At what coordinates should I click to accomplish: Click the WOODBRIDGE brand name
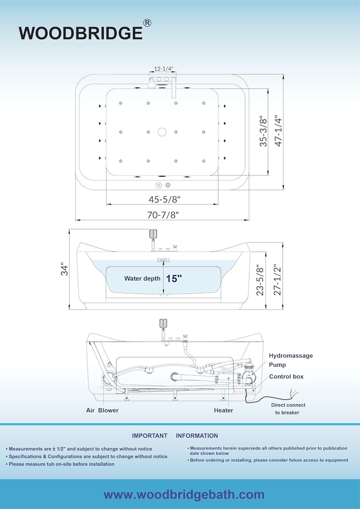[81, 33]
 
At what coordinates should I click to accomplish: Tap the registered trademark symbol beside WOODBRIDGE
[147, 23]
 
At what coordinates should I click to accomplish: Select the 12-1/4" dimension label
[164, 69]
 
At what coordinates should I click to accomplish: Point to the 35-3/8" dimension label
[263, 131]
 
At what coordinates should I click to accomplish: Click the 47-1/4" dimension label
[278, 131]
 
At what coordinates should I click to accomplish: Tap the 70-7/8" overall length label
[163, 215]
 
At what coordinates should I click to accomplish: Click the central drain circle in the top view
[162, 132]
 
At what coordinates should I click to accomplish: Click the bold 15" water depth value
[174, 278]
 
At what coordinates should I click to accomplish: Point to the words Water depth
[142, 278]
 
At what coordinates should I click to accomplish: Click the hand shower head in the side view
[153, 235]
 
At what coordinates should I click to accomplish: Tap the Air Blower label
[102, 410]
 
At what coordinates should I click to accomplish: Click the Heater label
[223, 410]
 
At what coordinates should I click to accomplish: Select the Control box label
[286, 377]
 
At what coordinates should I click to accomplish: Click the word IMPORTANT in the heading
[150, 435]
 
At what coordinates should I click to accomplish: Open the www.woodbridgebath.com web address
[184, 495]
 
